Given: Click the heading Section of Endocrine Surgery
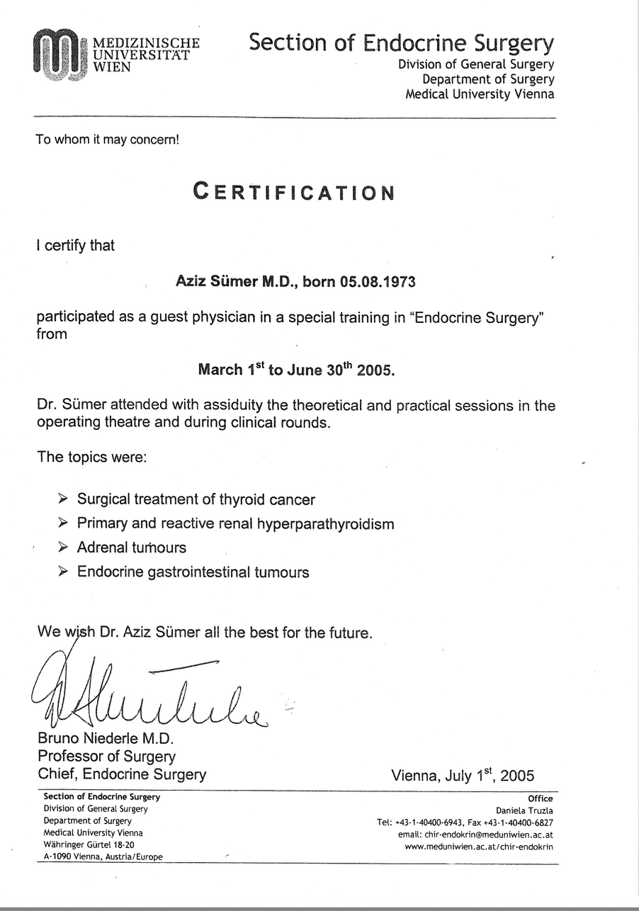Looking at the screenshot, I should (401, 43).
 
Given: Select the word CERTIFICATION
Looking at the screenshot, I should (294, 192).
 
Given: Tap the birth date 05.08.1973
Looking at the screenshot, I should (378, 281).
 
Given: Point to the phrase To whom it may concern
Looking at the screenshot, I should (108, 140).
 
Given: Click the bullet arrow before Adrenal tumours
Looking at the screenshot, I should (63, 547).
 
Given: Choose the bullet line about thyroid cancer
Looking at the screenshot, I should (196, 499).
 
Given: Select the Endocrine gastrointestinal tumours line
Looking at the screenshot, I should (193, 572).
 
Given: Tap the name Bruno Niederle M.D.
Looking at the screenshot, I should (101, 739).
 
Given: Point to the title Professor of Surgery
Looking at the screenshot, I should (106, 757).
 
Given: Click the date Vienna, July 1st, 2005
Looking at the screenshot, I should (463, 775).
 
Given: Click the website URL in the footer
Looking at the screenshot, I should (479, 847).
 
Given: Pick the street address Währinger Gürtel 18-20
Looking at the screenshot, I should (89, 845).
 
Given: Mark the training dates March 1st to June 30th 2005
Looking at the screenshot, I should (296, 369).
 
